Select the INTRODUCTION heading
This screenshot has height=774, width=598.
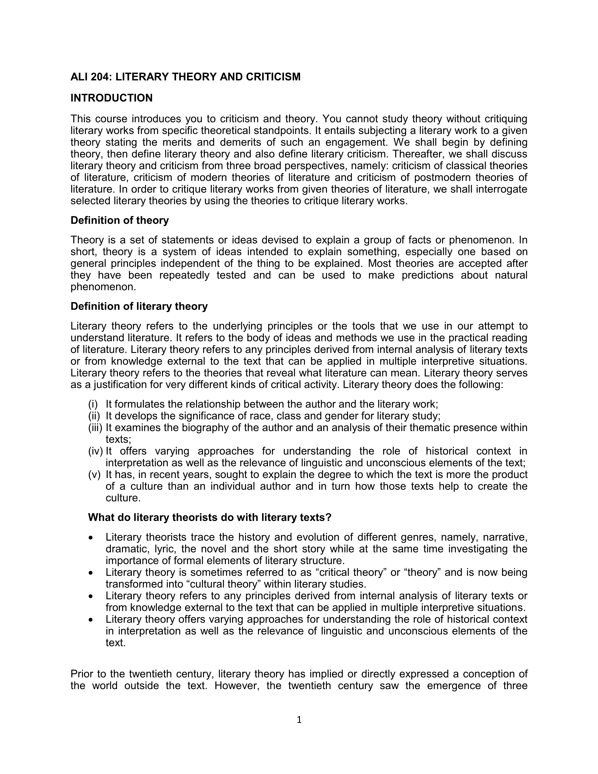[x=112, y=98]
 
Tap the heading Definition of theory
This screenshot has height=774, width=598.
[x=120, y=220]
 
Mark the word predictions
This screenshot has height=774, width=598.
[x=427, y=275]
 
